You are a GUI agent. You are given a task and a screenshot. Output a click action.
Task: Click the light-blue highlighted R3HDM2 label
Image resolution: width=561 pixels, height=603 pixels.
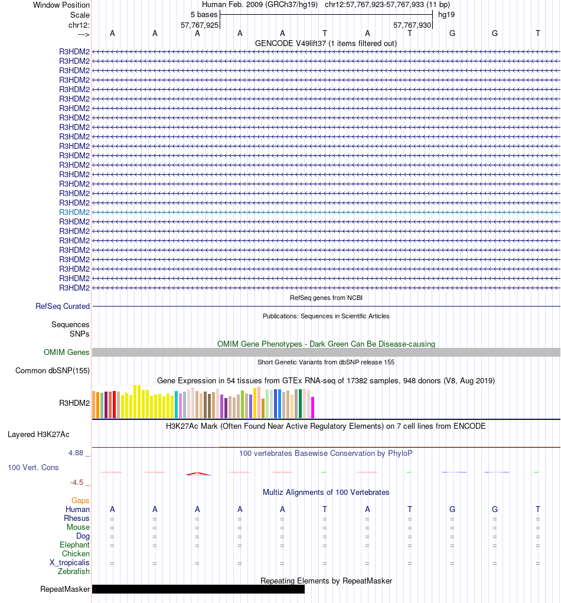pyautogui.click(x=74, y=212)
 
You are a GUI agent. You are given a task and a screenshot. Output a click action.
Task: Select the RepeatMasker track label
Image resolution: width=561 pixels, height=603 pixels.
pyautogui.click(x=65, y=589)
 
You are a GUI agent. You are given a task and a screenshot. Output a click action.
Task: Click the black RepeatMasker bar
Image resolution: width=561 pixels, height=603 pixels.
pyautogui.click(x=198, y=589)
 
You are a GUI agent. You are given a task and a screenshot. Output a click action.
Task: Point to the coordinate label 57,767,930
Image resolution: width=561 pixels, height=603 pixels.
pyautogui.click(x=412, y=25)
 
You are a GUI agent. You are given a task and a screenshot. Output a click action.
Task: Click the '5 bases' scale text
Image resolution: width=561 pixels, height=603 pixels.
pyautogui.click(x=204, y=15)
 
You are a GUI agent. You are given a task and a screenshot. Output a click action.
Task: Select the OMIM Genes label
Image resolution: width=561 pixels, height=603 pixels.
pyautogui.click(x=67, y=353)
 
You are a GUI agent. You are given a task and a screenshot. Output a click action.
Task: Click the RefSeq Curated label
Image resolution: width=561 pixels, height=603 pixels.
pyautogui.click(x=63, y=307)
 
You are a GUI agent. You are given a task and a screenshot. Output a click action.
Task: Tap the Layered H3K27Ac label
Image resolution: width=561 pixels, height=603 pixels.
pyautogui.click(x=38, y=435)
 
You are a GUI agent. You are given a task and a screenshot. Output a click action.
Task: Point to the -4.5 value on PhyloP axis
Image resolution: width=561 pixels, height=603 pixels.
pyautogui.click(x=77, y=482)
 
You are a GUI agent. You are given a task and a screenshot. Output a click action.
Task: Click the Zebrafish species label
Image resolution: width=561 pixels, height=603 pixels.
pyautogui.click(x=74, y=572)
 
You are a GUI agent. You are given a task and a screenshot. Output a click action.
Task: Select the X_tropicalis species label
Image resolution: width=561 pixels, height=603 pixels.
pyautogui.click(x=70, y=563)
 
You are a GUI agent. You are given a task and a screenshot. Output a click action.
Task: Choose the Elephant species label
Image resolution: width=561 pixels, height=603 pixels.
pyautogui.click(x=74, y=545)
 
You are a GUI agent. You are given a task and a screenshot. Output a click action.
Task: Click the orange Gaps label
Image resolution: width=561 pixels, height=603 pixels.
pyautogui.click(x=80, y=501)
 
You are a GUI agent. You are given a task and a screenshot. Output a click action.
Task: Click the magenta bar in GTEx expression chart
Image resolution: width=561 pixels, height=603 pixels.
pyautogui.click(x=312, y=407)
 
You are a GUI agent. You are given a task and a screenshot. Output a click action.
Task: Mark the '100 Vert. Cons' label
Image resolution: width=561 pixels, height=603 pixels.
pyautogui.click(x=32, y=468)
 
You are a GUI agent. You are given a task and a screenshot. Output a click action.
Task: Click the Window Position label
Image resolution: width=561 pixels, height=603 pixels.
pyautogui.click(x=61, y=5)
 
